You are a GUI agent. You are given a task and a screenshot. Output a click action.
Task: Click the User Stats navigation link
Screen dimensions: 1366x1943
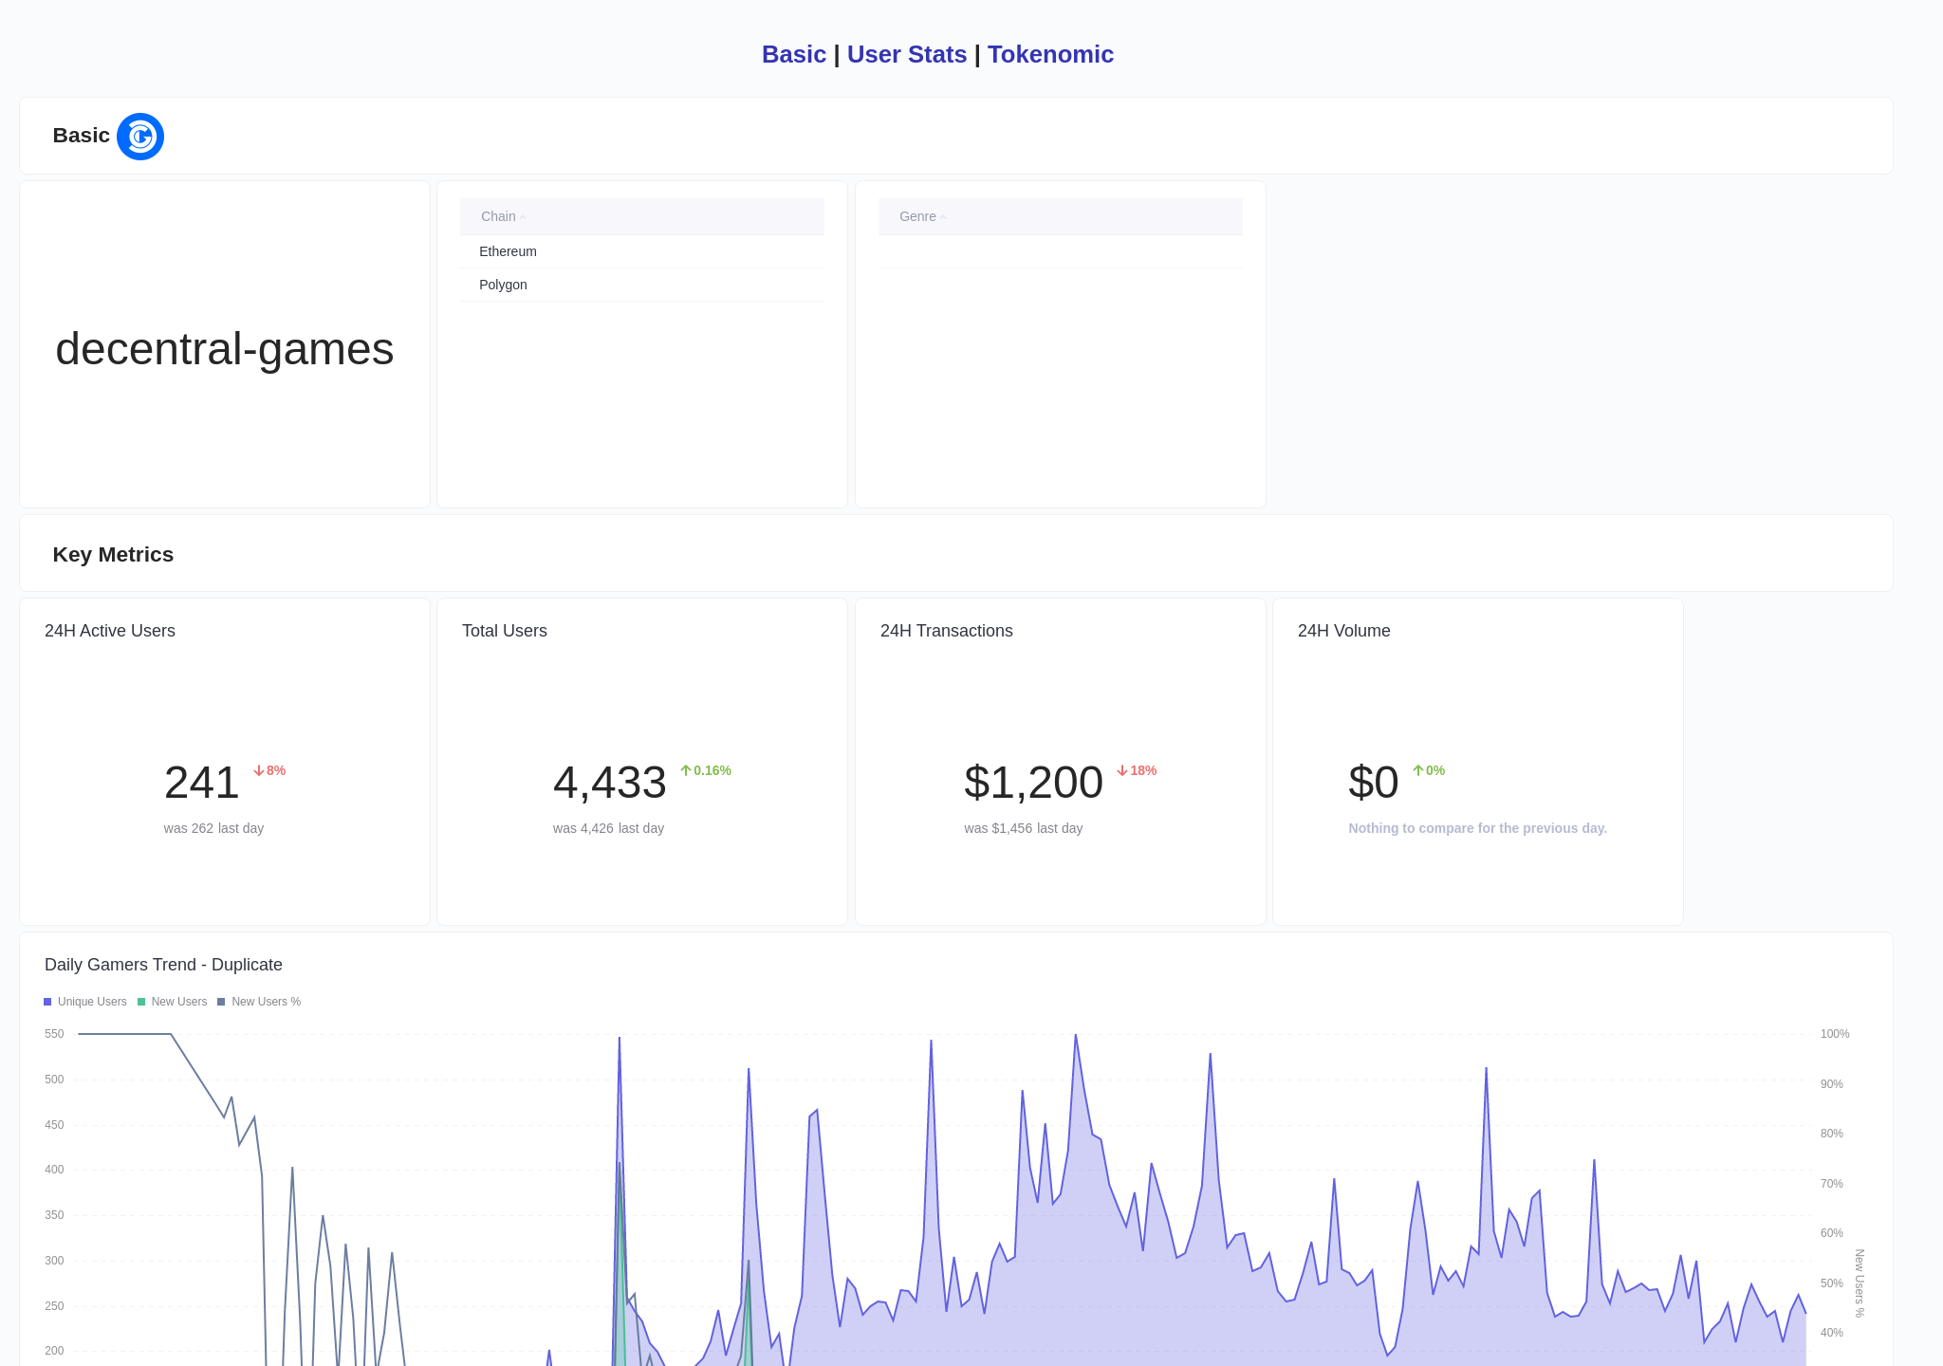coord(906,55)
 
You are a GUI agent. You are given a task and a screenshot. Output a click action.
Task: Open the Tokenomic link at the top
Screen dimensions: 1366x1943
coord(1050,55)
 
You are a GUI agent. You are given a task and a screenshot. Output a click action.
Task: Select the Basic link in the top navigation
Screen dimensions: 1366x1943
coord(793,55)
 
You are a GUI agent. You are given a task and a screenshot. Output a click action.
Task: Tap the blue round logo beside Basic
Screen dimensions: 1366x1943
coord(140,137)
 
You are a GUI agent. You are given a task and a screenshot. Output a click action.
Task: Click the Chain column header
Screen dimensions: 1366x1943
coord(499,216)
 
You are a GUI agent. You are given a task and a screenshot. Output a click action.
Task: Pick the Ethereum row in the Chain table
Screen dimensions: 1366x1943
coord(508,251)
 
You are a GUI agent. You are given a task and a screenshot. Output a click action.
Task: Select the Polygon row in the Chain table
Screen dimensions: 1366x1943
coord(503,285)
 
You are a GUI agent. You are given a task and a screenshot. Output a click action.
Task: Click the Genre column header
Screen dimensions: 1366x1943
coord(918,216)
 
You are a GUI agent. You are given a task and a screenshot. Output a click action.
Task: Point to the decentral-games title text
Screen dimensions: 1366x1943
coord(225,349)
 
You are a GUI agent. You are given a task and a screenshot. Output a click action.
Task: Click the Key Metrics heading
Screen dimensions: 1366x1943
coord(113,555)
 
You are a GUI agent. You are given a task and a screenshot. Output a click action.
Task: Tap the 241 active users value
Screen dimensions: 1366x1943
coord(201,783)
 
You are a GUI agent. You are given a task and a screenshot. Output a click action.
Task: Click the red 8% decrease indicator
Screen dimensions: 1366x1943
coord(270,770)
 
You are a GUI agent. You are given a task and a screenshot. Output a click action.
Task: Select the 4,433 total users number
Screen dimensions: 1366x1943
coord(609,783)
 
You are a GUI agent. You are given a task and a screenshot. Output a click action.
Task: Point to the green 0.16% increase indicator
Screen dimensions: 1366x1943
coord(707,770)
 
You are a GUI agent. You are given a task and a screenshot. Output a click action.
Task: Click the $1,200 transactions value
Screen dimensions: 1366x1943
coord(1033,783)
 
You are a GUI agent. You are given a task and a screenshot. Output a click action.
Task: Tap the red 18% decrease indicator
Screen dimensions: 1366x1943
coord(1138,770)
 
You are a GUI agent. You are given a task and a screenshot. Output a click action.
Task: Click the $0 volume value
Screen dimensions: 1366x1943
coord(1373,783)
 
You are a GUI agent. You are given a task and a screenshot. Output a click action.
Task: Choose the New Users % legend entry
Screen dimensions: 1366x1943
coord(260,1002)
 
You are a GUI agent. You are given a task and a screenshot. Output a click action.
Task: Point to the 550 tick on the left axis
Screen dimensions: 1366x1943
coord(54,1034)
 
